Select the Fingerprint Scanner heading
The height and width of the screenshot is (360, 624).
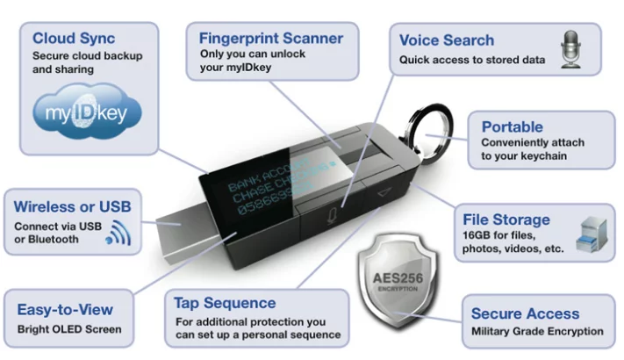269,39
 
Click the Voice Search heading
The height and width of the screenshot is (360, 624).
446,40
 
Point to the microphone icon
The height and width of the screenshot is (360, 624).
572,47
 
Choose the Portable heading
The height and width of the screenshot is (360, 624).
512,126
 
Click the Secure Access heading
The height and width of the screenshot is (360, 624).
525,313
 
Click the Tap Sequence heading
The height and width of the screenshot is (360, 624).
225,303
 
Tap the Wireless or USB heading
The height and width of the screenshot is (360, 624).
72,206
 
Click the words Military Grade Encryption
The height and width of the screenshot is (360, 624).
537,331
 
